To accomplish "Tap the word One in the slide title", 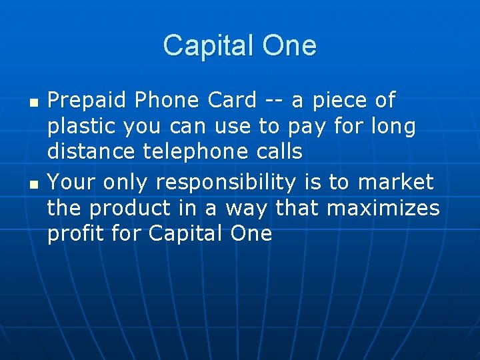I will click(289, 46).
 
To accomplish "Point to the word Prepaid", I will click(87, 101).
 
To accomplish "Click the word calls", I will click(278, 153).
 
